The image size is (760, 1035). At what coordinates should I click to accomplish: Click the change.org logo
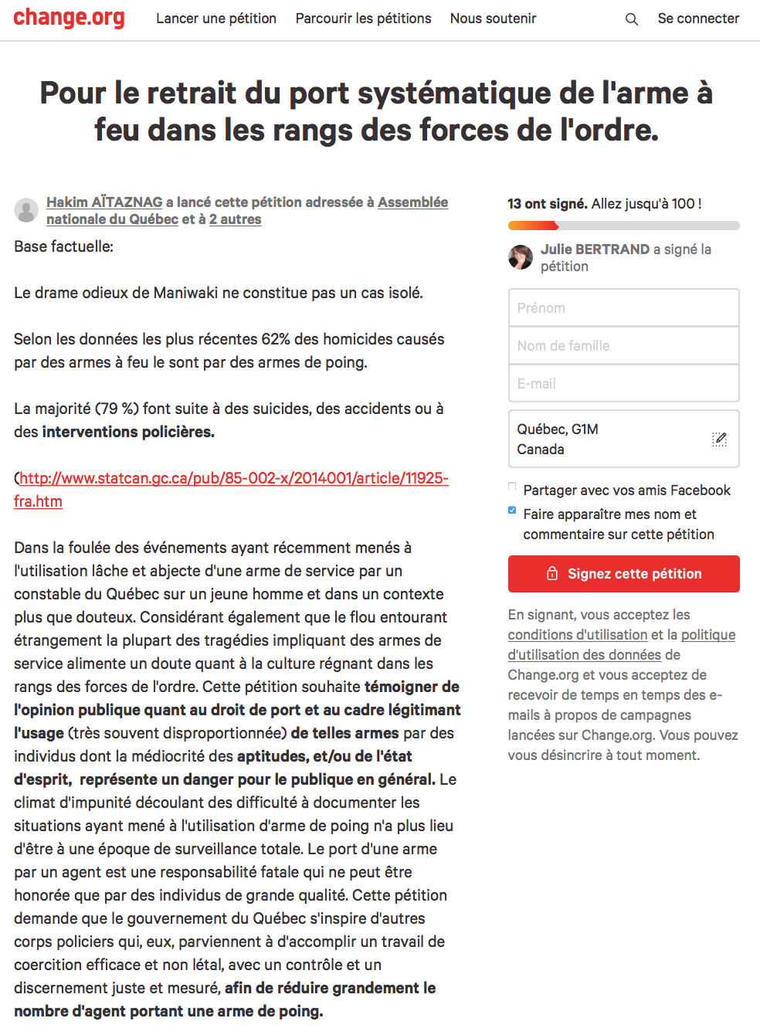[x=69, y=18]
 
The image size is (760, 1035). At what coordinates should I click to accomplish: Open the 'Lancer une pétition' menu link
[x=216, y=19]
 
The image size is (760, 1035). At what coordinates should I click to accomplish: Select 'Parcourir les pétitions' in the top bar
[x=363, y=19]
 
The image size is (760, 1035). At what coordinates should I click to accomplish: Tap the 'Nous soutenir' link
[x=493, y=19]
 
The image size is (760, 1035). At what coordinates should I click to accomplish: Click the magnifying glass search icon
[x=632, y=19]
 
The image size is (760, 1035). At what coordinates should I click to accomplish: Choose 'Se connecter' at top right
[x=698, y=19]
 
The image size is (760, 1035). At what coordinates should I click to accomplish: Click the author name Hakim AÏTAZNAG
[x=104, y=202]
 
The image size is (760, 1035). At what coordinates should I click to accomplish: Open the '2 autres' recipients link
[x=236, y=219]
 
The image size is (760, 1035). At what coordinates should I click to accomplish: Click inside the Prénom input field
[x=623, y=308]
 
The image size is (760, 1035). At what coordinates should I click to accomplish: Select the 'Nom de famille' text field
[x=623, y=346]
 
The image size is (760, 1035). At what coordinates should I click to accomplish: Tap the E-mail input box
[x=623, y=384]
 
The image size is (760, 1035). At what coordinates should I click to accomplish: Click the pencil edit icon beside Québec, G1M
[x=719, y=439]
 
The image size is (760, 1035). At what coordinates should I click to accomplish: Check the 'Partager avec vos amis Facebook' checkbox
[x=512, y=487]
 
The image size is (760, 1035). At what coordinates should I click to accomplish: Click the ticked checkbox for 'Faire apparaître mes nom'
[x=512, y=511]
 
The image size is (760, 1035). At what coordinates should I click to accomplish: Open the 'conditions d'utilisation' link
[x=577, y=635]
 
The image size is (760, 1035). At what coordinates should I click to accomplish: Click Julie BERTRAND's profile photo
[x=521, y=257]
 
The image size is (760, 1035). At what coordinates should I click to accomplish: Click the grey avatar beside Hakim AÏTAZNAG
[x=26, y=210]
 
